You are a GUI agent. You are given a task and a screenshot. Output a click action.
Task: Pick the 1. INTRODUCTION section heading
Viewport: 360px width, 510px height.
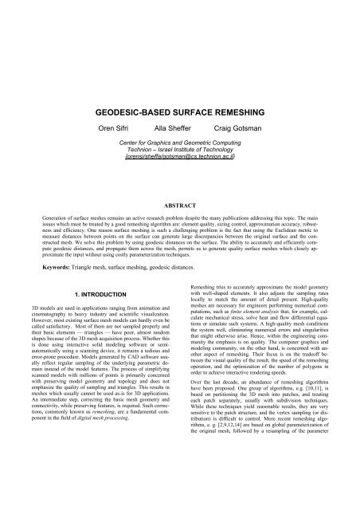96,293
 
